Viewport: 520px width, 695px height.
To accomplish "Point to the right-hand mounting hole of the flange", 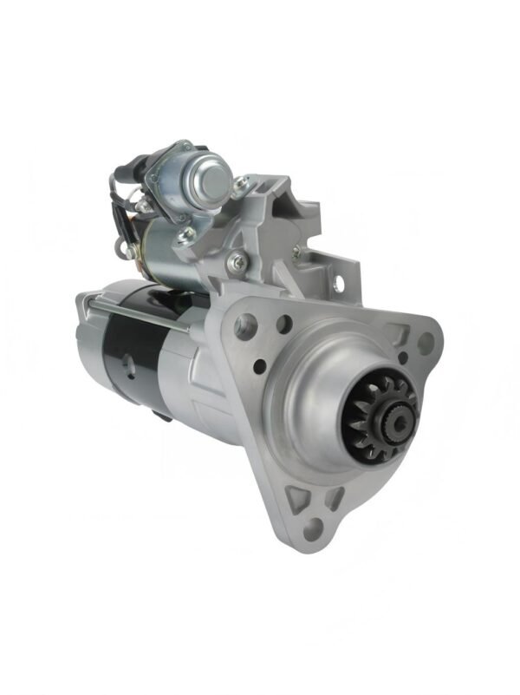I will pos(425,342).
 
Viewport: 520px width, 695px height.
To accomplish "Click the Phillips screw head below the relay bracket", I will pos(235,261).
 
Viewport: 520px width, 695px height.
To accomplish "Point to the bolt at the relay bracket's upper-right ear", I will pos(242,183).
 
